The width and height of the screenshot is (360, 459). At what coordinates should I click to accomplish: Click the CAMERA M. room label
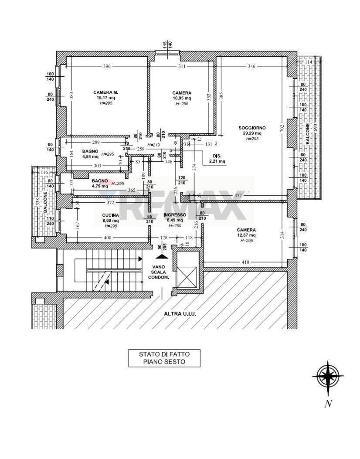(x=106, y=92)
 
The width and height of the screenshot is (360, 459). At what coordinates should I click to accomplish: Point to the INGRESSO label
(x=175, y=215)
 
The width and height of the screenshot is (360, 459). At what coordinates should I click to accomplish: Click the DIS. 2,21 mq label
(x=217, y=159)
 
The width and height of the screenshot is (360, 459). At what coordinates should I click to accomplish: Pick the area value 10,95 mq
(x=181, y=99)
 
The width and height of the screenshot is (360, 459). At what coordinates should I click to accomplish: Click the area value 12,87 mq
(x=246, y=235)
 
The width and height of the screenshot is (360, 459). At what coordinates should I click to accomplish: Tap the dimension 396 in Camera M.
(x=107, y=66)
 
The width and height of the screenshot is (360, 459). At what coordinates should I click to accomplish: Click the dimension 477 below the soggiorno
(x=238, y=196)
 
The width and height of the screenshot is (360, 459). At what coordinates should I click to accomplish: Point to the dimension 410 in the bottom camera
(x=245, y=262)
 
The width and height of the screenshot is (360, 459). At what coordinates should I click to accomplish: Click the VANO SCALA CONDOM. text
(x=158, y=272)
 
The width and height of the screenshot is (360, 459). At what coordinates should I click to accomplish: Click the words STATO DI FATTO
(x=164, y=354)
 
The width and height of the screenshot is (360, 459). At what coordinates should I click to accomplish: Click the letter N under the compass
(x=328, y=404)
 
